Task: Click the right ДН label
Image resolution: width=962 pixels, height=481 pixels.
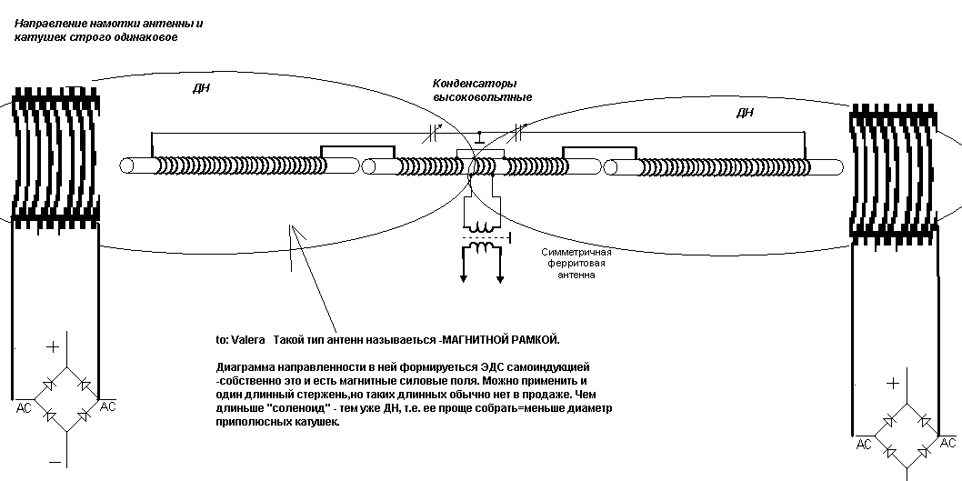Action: pos(744,112)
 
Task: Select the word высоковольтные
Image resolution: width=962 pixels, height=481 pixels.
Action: pos(482,97)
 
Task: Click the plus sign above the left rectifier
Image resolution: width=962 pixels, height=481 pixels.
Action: pos(54,346)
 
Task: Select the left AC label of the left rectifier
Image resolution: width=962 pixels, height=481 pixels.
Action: pos(24,407)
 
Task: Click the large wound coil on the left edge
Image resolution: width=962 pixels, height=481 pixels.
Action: pos(55,156)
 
